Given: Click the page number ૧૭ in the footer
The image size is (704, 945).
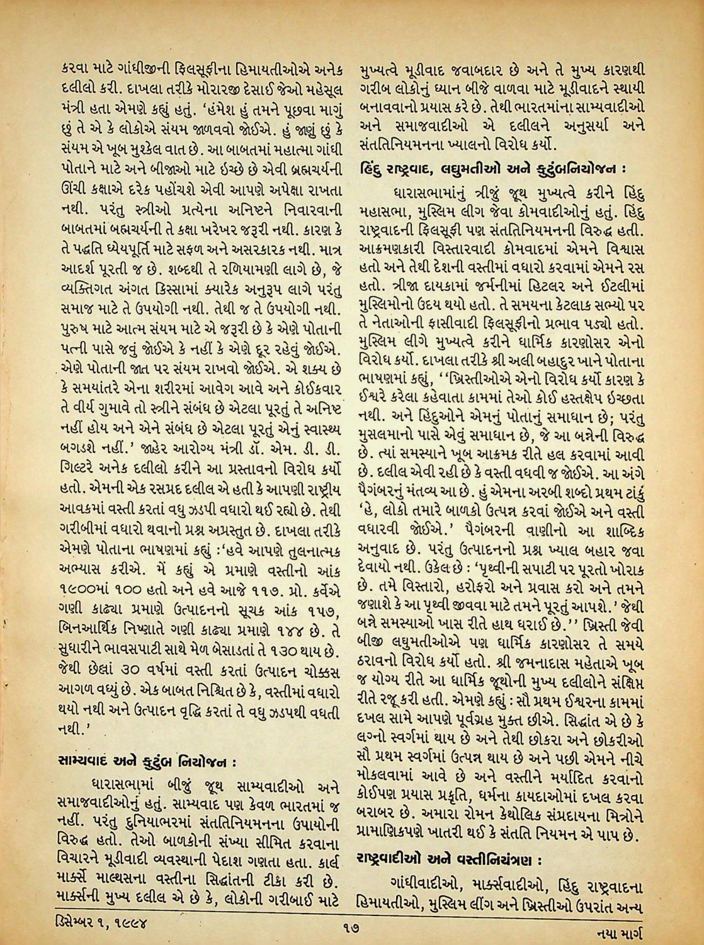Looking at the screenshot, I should [351, 927].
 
